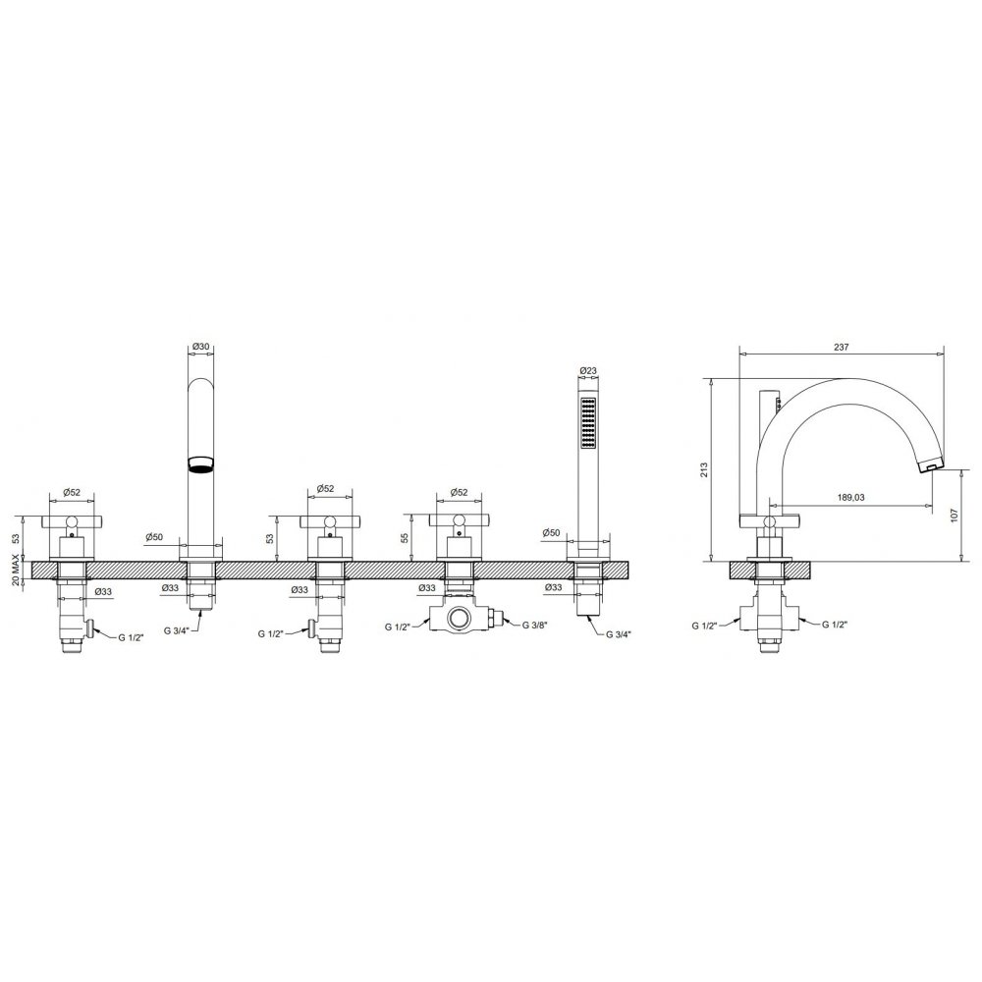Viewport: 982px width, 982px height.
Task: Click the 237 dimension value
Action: [842, 348]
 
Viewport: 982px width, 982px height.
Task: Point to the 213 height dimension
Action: [704, 469]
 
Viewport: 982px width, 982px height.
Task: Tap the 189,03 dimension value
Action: [851, 497]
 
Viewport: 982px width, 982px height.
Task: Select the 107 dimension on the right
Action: [954, 515]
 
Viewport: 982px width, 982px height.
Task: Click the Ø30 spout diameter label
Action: [200, 346]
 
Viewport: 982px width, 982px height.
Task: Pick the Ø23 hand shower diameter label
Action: [588, 370]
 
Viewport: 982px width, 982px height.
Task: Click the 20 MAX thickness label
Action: [17, 570]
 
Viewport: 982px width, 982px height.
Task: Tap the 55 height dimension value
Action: [405, 537]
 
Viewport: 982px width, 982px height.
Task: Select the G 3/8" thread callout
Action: [535, 625]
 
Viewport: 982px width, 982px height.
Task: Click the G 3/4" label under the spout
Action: [177, 630]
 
